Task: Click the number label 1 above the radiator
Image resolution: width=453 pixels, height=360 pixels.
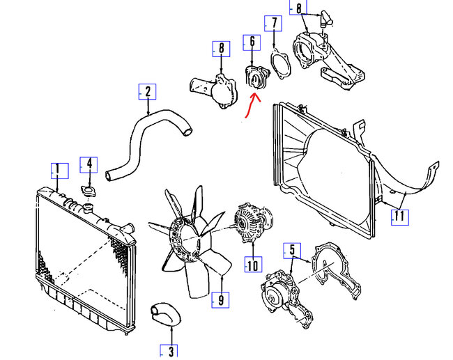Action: [56, 169]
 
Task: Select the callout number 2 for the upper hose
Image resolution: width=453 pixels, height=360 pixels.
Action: [147, 91]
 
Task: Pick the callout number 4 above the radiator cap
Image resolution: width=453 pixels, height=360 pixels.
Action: [89, 165]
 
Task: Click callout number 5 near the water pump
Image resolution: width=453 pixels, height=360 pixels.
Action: [292, 249]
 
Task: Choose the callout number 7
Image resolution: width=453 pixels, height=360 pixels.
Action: [273, 24]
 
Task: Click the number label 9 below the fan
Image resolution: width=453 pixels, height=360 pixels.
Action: [220, 300]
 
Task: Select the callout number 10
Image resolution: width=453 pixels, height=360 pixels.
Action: [252, 265]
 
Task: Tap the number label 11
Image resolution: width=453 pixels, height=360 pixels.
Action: [399, 216]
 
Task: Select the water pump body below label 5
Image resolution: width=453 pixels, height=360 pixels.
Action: [279, 290]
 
